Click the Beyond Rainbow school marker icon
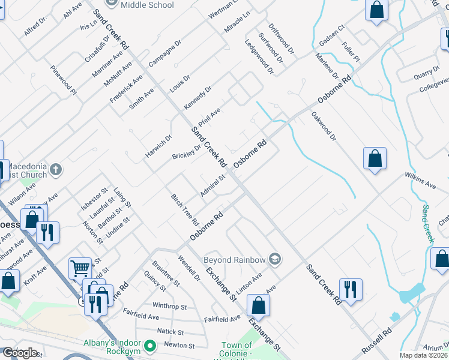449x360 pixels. coord(276,260)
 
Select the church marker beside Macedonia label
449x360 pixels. coord(56,170)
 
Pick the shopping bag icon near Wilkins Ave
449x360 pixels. coord(375,159)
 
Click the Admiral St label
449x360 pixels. coord(212,185)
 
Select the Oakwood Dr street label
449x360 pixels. coord(324,125)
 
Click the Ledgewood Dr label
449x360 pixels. coord(259,57)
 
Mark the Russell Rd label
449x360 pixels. coord(376,341)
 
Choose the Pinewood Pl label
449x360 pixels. coord(64,80)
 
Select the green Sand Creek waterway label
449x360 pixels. coord(427,223)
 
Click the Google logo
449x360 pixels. coord(20,352)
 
